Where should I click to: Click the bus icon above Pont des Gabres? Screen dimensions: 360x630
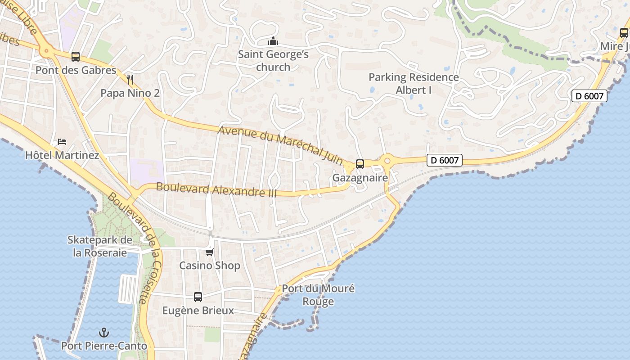(x=76, y=57)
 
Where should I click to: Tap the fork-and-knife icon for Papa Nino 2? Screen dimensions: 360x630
(x=130, y=80)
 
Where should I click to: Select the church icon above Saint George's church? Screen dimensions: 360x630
(x=273, y=41)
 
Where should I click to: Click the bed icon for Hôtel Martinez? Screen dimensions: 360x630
(x=62, y=142)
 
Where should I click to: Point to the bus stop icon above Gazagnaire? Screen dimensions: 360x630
(x=360, y=164)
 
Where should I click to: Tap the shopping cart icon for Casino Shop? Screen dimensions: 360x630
(x=209, y=252)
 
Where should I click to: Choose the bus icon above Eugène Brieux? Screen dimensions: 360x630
(x=198, y=297)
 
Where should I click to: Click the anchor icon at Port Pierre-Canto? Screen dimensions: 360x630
(x=104, y=333)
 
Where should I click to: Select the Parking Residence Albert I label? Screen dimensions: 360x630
(x=414, y=84)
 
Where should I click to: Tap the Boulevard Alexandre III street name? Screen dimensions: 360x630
(x=216, y=189)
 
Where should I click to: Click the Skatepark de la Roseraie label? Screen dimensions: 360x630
(x=100, y=246)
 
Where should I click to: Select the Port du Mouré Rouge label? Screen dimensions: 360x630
(x=318, y=295)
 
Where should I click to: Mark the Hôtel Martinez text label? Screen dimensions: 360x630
(x=62, y=155)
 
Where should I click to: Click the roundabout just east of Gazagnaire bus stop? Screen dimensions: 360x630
(x=387, y=160)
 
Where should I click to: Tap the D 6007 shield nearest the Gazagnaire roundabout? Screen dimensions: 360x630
(x=444, y=160)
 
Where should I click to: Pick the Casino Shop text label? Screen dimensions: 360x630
(x=210, y=265)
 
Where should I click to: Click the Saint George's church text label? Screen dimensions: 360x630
(x=273, y=61)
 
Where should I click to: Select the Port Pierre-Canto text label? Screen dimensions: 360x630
(x=104, y=346)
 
